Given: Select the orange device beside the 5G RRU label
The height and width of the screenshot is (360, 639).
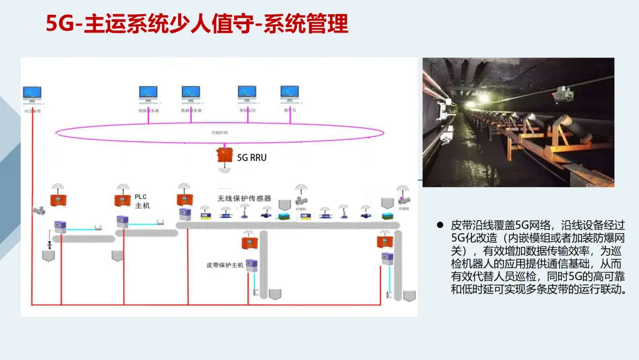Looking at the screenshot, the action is (224, 155).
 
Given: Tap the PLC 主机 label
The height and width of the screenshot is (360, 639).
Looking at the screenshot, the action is (143, 201).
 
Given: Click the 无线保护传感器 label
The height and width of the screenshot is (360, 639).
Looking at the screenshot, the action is (244, 198).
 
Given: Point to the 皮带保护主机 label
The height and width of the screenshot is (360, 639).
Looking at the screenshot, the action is (225, 265).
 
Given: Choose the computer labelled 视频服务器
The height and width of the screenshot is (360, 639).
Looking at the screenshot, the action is (148, 93).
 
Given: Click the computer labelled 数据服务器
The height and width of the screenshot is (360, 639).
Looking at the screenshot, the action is (191, 93).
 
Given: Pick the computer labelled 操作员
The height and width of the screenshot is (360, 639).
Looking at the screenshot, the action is (289, 93).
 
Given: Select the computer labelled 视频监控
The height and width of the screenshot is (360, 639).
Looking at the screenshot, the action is (247, 93).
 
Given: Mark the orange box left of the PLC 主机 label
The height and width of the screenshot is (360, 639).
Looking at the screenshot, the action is (122, 200).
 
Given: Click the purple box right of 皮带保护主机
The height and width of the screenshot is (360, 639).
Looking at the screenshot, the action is (252, 265).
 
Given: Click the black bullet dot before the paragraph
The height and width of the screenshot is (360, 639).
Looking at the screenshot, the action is (440, 226).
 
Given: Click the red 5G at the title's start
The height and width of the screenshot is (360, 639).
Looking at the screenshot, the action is (59, 24).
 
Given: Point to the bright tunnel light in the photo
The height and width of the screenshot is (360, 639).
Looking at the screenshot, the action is (471, 104).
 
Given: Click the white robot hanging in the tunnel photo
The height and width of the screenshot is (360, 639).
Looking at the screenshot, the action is (561, 92).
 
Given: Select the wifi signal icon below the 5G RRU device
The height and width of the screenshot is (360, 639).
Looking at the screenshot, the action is (224, 169).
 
